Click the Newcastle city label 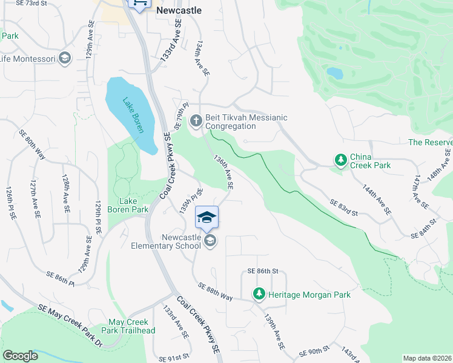click(179, 10)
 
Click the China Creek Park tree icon click(341, 160)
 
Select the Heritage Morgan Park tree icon click(259, 294)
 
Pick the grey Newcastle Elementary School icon click(210, 241)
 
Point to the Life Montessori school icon click(65, 59)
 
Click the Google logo click(21, 355)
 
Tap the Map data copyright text click(427, 358)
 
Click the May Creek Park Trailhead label click(131, 326)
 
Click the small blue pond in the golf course click(334, 73)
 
